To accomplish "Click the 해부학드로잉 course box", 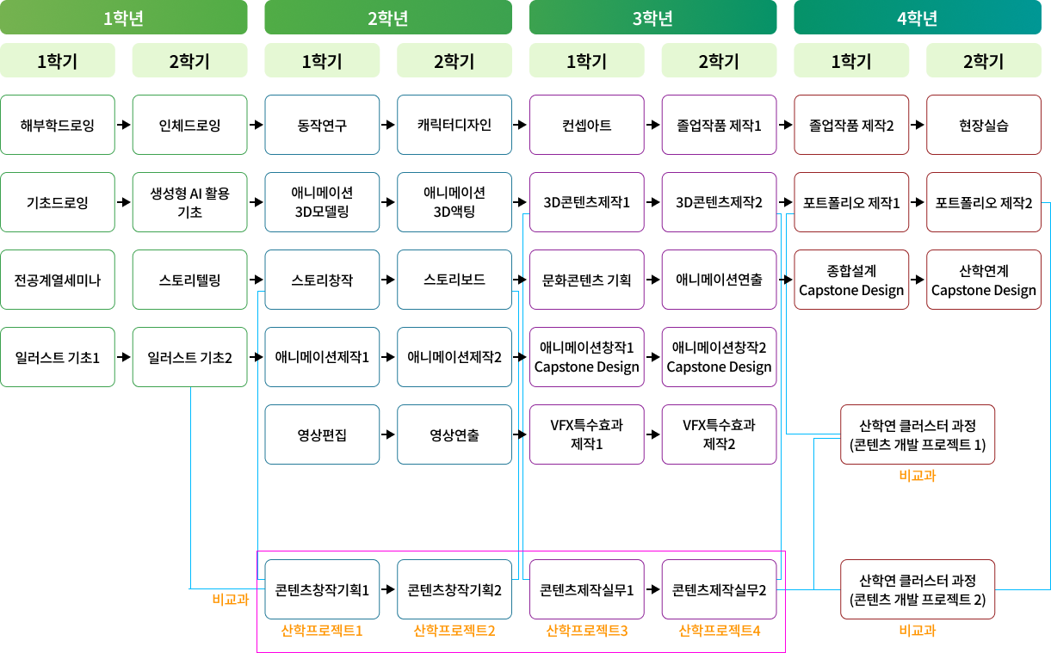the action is (58, 125).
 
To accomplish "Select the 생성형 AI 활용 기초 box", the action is (190, 202).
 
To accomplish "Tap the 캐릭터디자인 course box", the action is (454, 125).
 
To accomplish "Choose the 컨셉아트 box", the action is (586, 125).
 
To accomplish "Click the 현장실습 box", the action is (984, 125).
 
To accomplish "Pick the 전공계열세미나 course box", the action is (58, 280).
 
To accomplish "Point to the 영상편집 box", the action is (322, 434).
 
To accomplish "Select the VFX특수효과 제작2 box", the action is (719, 434).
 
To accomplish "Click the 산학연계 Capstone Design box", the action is (984, 280).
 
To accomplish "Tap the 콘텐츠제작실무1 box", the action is (586, 589).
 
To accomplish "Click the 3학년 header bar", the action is (652, 17).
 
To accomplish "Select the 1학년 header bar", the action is (123, 17).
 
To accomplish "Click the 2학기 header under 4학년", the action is (984, 60).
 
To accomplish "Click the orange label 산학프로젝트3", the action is (586, 631).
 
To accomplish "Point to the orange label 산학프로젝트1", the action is (322, 631).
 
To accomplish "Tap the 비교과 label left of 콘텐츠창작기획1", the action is (231, 599).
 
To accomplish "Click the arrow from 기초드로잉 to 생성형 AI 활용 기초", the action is (124, 202).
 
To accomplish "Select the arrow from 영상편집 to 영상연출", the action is (388, 434).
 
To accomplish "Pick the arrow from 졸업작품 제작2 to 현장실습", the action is (918, 125).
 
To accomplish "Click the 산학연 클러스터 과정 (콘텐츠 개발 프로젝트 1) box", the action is (918, 434).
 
